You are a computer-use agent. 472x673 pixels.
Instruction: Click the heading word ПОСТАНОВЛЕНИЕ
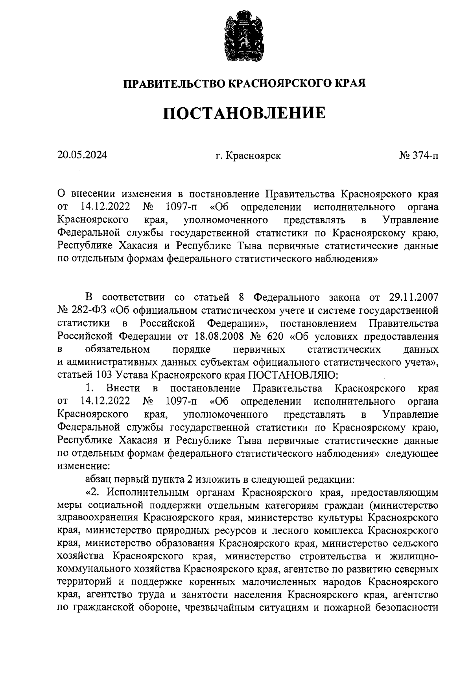coord(244,114)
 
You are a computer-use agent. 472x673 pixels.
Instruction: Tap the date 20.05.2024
coord(82,155)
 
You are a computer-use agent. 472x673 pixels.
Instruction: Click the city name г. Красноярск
coord(248,156)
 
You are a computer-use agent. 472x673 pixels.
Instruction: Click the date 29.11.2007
coord(412,297)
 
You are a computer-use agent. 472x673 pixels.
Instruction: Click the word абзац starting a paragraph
coord(98,479)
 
